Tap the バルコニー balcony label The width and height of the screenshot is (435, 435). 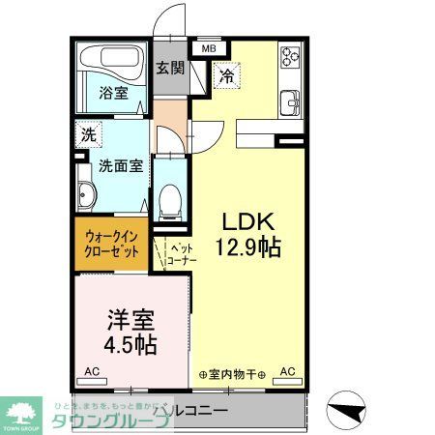(190, 410)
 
